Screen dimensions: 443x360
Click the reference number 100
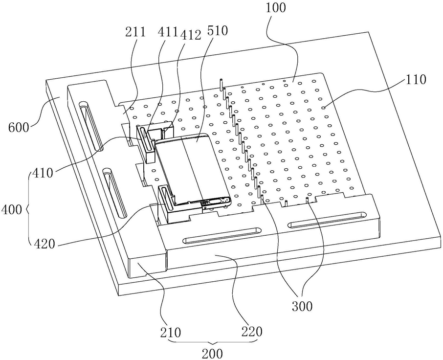(x=276, y=8)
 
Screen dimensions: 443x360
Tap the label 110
(x=416, y=80)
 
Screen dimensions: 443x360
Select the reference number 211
(x=135, y=32)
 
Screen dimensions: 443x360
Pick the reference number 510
(x=217, y=31)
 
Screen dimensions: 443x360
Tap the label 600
(x=19, y=128)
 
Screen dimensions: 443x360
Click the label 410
(x=43, y=173)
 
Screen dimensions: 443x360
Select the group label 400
(x=11, y=210)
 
